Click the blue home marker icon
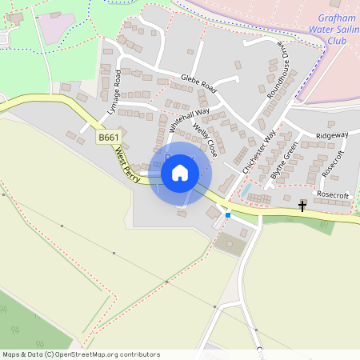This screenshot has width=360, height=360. [x=180, y=172]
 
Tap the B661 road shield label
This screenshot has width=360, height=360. [x=108, y=138]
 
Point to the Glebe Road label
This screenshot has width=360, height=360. [x=199, y=81]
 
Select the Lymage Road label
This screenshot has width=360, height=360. [x=112, y=94]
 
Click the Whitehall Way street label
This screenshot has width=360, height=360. [x=189, y=119]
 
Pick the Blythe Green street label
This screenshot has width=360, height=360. [x=284, y=160]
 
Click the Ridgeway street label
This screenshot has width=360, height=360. [x=332, y=136]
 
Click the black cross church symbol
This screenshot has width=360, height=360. [x=302, y=206]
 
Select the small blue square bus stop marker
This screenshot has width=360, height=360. [x=228, y=214]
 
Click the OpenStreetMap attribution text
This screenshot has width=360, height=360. [x=82, y=354]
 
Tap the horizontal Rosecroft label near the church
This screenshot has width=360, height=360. [x=333, y=194]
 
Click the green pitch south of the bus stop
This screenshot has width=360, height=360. [x=231, y=244]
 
